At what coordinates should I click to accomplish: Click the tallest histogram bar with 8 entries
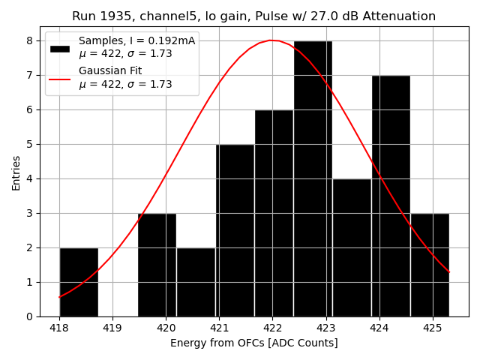313,180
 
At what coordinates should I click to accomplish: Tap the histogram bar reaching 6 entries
274,214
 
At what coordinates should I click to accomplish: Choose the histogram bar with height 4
352,247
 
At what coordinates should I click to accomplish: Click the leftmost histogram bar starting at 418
79,282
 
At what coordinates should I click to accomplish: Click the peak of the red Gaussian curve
273,40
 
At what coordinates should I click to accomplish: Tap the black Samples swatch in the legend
60,48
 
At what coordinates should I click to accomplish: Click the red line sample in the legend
60,78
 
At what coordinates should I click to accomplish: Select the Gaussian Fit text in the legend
110,70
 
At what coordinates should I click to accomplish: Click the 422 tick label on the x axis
272,328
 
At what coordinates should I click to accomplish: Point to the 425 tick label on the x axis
433,328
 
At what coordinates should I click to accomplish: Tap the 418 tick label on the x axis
59,328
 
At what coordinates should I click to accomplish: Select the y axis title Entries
16,172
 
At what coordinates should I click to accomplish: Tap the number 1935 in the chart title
114,16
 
